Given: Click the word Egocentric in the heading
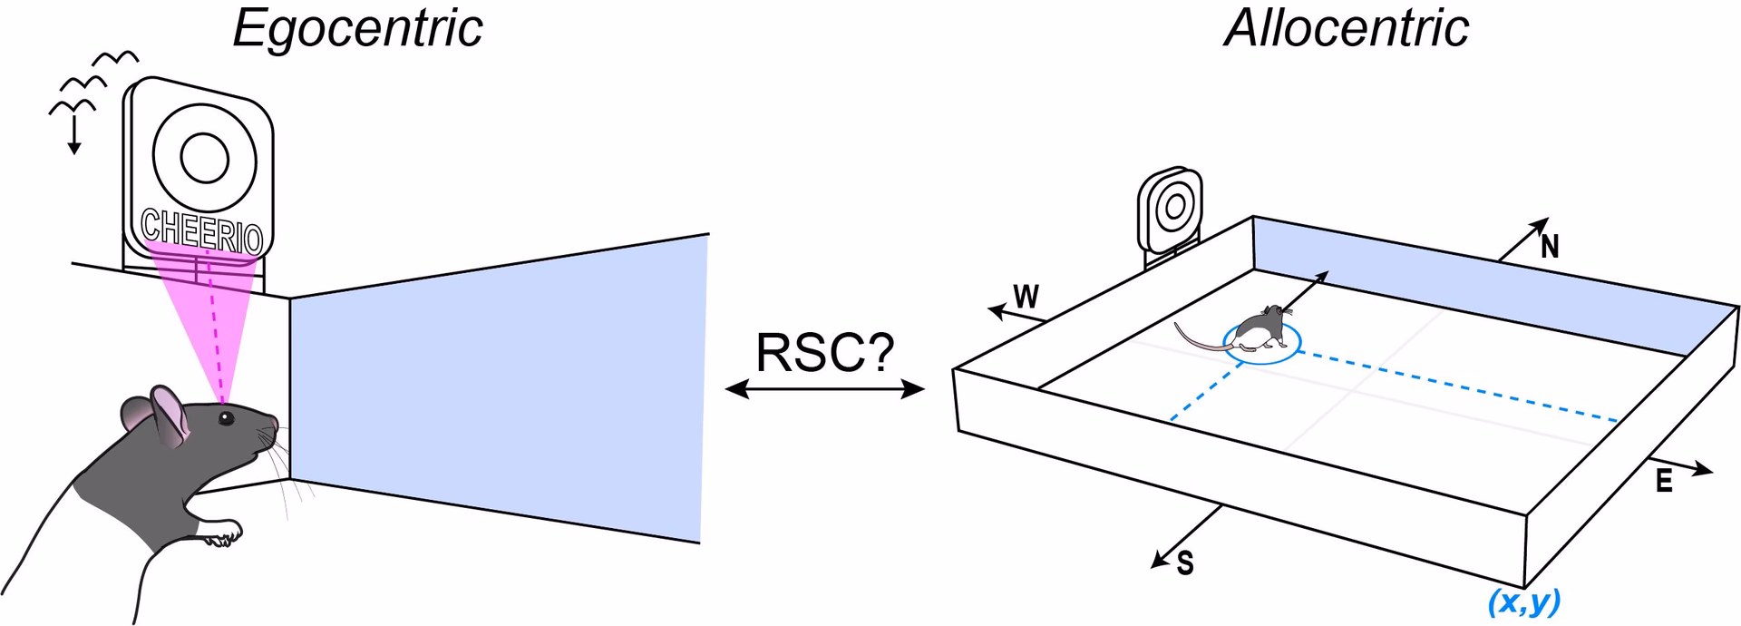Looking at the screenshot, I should [357, 29].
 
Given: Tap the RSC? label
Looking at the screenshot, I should [824, 352].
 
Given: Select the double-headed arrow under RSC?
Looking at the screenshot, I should [825, 390].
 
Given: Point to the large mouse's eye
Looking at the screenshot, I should [224, 417].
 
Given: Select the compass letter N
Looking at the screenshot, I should [1550, 248].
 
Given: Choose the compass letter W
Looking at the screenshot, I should [1026, 298].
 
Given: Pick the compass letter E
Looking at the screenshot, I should [1664, 482].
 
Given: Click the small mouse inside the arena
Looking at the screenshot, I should [1260, 330].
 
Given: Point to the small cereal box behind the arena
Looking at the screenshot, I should [1172, 211].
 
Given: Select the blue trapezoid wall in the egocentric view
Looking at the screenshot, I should [499, 390].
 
